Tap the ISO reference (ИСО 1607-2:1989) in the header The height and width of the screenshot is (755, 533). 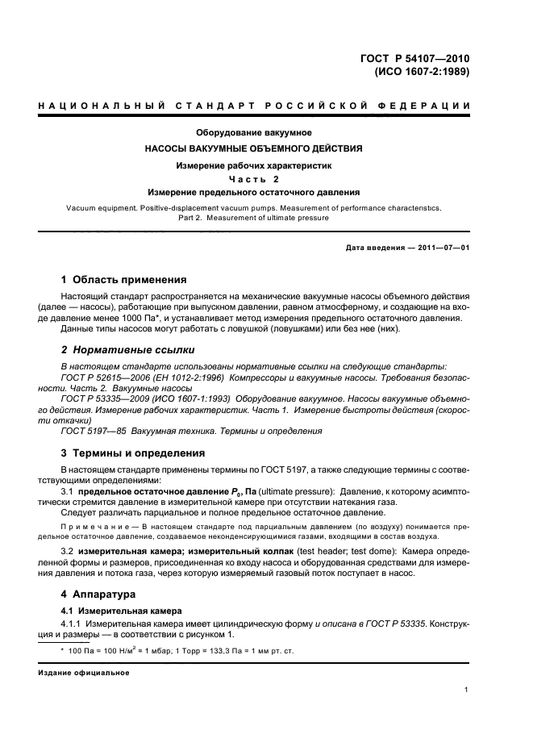pyautogui.click(x=422, y=71)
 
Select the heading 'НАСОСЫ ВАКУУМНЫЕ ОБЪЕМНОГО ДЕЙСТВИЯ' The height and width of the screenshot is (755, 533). pyautogui.click(x=254, y=148)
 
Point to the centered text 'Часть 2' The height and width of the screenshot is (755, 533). pyautogui.click(x=254, y=179)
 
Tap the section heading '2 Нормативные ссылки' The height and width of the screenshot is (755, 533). pyautogui.click(x=119, y=351)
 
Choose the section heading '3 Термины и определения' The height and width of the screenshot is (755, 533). pyautogui.click(x=127, y=453)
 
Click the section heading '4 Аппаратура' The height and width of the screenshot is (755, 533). pyautogui.click(x=95, y=594)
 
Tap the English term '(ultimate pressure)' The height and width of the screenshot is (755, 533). pyautogui.click(x=294, y=492)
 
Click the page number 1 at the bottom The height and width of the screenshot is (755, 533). pyautogui.click(x=467, y=690)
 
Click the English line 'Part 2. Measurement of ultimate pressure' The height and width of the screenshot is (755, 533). pyautogui.click(x=254, y=218)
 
